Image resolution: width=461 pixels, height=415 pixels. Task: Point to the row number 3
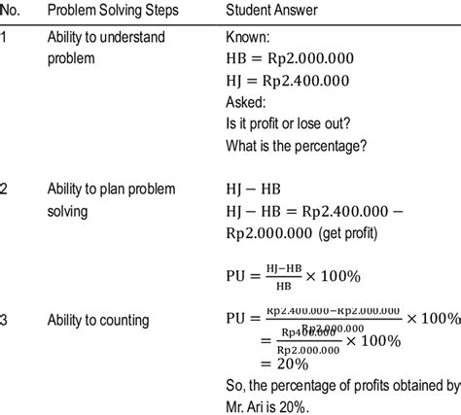pos(6,318)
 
